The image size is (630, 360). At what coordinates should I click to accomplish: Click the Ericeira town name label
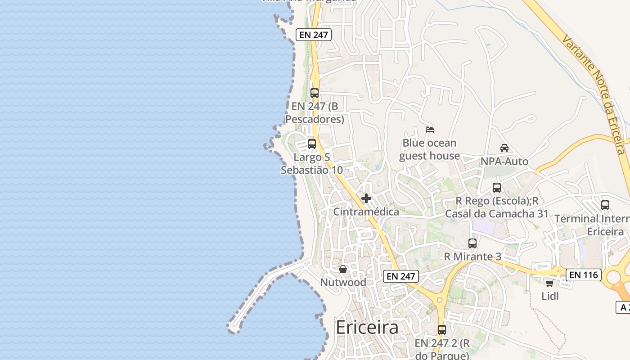tap(367, 327)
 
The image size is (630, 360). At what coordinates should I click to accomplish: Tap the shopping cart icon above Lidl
tap(549, 283)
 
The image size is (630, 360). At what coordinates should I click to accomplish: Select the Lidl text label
tap(550, 296)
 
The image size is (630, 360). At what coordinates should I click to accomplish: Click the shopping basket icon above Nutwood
tap(343, 269)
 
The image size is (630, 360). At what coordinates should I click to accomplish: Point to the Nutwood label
tap(343, 282)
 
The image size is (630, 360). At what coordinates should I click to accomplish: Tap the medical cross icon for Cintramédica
tap(366, 198)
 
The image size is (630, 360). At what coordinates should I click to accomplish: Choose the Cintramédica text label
tap(366, 211)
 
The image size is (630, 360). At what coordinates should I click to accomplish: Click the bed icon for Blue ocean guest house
tap(430, 130)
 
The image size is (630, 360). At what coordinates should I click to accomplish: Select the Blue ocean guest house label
tap(429, 149)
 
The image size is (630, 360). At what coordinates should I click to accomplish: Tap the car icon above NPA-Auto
tap(504, 148)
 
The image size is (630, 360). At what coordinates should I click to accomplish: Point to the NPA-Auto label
tap(504, 161)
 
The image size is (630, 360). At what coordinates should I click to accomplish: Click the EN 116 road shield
tap(583, 274)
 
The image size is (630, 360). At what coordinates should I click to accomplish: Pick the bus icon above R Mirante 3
tap(472, 243)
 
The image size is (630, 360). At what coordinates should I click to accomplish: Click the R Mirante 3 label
tap(472, 256)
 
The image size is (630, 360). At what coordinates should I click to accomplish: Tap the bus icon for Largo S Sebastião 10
tap(312, 144)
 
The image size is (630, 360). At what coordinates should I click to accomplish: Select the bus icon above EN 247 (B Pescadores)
tap(315, 93)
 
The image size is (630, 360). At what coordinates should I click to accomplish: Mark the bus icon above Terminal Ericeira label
tap(605, 205)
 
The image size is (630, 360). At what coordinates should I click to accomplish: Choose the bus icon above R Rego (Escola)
tap(497, 188)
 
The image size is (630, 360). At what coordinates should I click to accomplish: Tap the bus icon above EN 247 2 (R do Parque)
tap(442, 330)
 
